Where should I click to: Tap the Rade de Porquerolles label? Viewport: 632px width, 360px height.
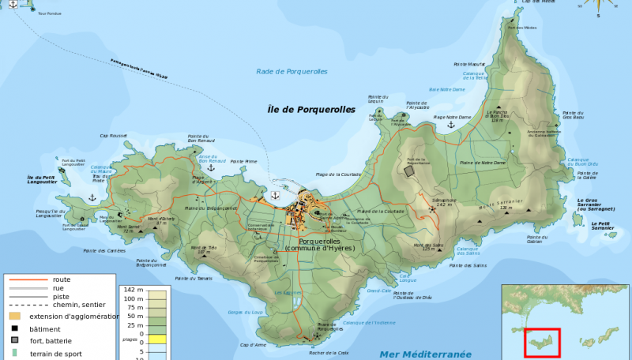(x=292, y=72)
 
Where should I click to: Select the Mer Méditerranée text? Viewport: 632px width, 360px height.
(x=425, y=354)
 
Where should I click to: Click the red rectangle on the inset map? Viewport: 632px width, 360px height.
(x=543, y=343)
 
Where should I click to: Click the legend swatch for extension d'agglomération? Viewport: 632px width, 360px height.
(x=14, y=316)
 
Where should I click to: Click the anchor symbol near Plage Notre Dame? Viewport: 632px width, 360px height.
(x=451, y=125)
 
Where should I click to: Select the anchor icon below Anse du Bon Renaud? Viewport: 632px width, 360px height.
(x=211, y=168)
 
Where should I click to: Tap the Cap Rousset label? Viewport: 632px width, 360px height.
(x=114, y=136)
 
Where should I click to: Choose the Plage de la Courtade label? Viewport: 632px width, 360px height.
(x=338, y=174)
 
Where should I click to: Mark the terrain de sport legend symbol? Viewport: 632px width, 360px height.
(x=14, y=353)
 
